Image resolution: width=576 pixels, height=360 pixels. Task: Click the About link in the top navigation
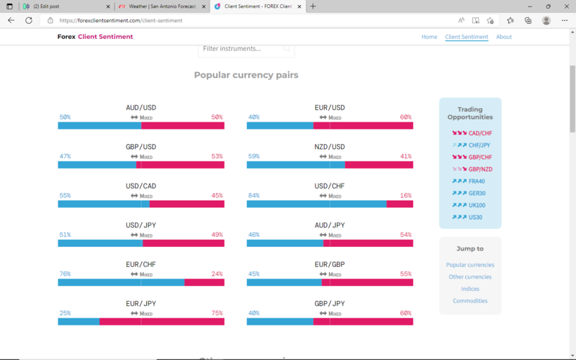(x=504, y=37)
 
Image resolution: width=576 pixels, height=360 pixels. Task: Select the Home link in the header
(x=429, y=37)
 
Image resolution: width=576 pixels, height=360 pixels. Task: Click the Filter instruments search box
(x=242, y=49)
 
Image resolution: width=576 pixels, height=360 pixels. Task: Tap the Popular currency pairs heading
(x=246, y=75)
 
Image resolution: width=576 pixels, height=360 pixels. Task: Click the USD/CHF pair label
(x=330, y=186)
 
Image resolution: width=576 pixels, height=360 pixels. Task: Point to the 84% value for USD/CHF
(x=253, y=195)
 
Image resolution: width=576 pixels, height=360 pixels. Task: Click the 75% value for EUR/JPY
(x=217, y=313)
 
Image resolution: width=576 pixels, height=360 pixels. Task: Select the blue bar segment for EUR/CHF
(x=121, y=282)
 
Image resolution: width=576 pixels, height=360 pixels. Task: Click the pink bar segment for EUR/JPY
(x=161, y=322)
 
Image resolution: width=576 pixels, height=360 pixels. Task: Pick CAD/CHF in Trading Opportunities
(x=480, y=133)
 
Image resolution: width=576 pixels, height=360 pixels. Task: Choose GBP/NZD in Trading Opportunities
(x=480, y=169)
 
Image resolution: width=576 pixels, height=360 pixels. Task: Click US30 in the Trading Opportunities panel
(x=476, y=217)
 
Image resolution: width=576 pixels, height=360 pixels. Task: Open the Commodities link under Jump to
(x=470, y=301)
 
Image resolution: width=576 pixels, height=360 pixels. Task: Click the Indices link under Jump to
(x=470, y=289)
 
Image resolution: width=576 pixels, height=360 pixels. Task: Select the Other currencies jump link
(x=470, y=276)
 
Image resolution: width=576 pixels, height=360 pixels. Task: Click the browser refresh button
(x=29, y=21)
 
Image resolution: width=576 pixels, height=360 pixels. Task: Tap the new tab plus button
(x=312, y=6)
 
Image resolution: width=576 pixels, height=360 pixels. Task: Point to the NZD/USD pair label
(x=330, y=147)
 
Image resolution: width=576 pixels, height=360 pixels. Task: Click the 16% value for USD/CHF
(x=406, y=195)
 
